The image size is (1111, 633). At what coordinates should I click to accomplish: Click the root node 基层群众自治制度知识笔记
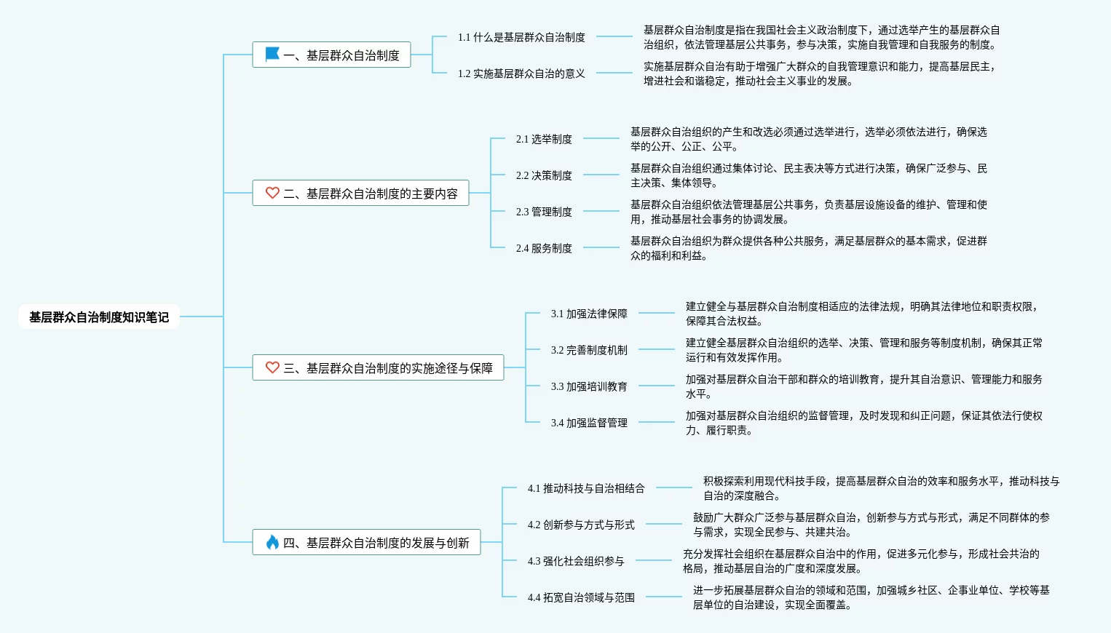point(99,316)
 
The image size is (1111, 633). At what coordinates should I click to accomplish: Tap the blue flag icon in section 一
point(272,54)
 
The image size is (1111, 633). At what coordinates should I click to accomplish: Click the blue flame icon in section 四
point(272,542)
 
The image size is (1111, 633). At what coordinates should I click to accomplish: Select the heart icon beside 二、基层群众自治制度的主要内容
point(272,193)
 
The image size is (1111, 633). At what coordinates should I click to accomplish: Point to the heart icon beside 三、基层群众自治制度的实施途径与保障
point(272,367)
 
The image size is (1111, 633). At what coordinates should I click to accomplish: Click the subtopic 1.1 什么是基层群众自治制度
point(521,37)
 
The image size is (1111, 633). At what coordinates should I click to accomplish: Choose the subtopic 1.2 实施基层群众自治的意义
point(521,73)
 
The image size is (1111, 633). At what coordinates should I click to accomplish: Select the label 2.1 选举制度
point(544,139)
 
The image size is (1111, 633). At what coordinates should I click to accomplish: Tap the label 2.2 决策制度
point(544,175)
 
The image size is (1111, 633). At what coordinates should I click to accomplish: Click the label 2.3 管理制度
point(544,212)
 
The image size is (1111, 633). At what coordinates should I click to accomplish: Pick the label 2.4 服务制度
point(544,248)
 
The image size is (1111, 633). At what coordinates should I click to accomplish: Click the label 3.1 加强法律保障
point(589,314)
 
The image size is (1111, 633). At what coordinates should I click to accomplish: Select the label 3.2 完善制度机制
point(589,350)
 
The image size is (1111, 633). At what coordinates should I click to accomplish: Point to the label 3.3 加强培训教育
point(589,386)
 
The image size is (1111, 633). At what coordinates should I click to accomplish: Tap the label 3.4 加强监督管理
point(589,423)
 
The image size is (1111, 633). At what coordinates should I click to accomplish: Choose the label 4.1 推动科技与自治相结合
point(586,488)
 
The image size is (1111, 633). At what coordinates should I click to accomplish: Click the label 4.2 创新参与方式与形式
point(581,525)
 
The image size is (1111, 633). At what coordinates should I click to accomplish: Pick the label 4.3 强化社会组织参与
point(576,561)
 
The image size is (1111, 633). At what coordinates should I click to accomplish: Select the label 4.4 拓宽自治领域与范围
point(581,597)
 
